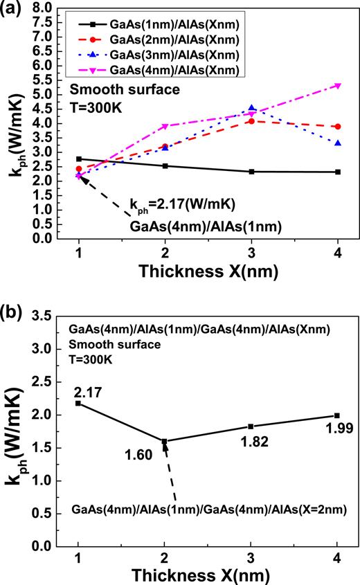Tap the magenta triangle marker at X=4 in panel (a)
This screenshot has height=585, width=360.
338,85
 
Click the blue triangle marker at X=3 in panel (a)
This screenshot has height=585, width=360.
251,109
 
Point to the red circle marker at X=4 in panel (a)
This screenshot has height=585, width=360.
338,127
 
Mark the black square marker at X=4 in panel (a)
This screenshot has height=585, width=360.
338,172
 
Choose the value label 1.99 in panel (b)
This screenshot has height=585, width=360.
338,429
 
